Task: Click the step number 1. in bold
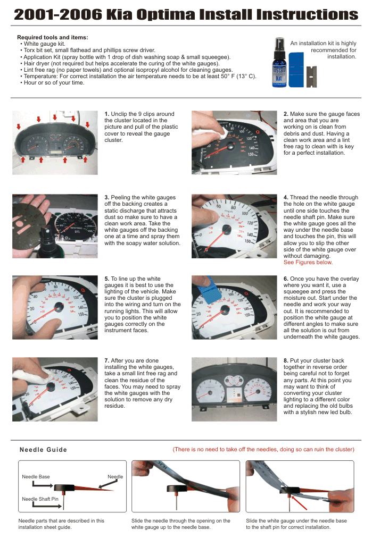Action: (107, 114)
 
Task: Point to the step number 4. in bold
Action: (286, 198)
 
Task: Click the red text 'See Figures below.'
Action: (308, 262)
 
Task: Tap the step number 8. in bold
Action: (286, 361)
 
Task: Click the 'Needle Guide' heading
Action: (44, 450)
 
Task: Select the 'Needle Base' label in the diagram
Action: (36, 477)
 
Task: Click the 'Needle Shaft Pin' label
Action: (40, 499)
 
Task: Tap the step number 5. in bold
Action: (107, 279)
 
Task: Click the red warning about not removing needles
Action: (263, 450)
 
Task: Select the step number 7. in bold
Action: (107, 361)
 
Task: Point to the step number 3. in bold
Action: (107, 198)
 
